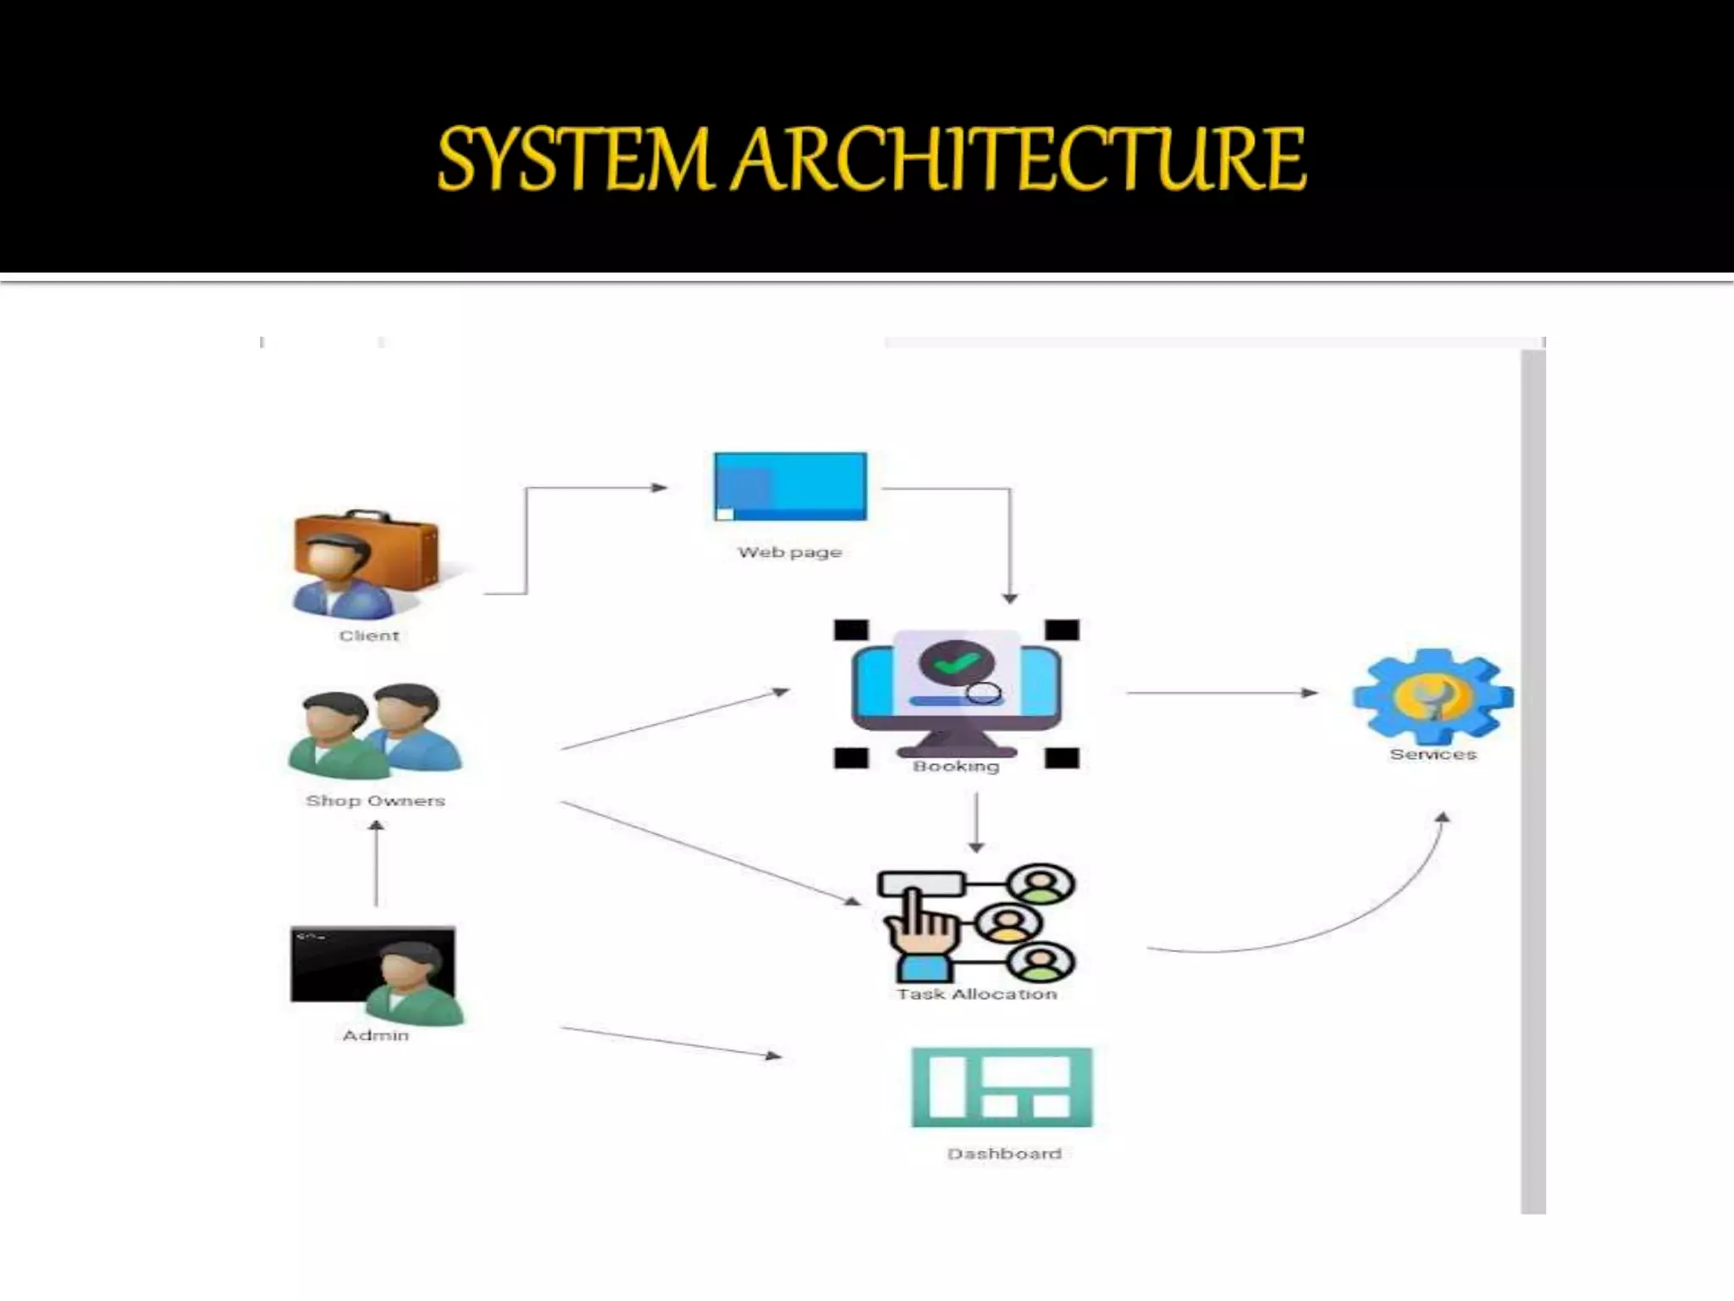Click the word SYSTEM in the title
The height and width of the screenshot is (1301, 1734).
pyautogui.click(x=572, y=159)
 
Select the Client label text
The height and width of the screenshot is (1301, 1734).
pyautogui.click(x=368, y=636)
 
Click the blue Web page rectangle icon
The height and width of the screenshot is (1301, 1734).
pyautogui.click(x=790, y=486)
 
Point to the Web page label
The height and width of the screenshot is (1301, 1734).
pyautogui.click(x=789, y=552)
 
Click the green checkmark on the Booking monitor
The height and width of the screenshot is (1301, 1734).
pyautogui.click(x=955, y=663)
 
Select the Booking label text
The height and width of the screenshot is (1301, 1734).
pyautogui.click(x=956, y=767)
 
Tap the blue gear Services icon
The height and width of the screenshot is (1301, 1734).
pyautogui.click(x=1433, y=696)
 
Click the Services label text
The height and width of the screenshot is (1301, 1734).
pyautogui.click(x=1433, y=755)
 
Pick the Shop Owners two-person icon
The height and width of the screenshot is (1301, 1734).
pyautogui.click(x=375, y=732)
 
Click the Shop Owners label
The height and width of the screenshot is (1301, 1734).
pyautogui.click(x=375, y=801)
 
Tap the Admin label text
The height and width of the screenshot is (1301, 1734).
pyautogui.click(x=375, y=1036)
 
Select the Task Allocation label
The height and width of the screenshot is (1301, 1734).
pyautogui.click(x=977, y=994)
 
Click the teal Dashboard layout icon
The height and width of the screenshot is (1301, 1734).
pyautogui.click(x=1002, y=1088)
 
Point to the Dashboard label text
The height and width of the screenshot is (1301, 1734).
pyautogui.click(x=1004, y=1154)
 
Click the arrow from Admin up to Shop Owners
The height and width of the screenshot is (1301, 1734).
pyautogui.click(x=377, y=864)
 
